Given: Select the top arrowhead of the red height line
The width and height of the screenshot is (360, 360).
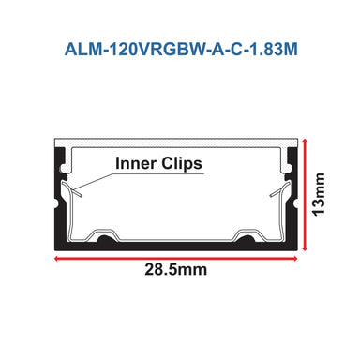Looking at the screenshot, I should pos(306,139).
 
